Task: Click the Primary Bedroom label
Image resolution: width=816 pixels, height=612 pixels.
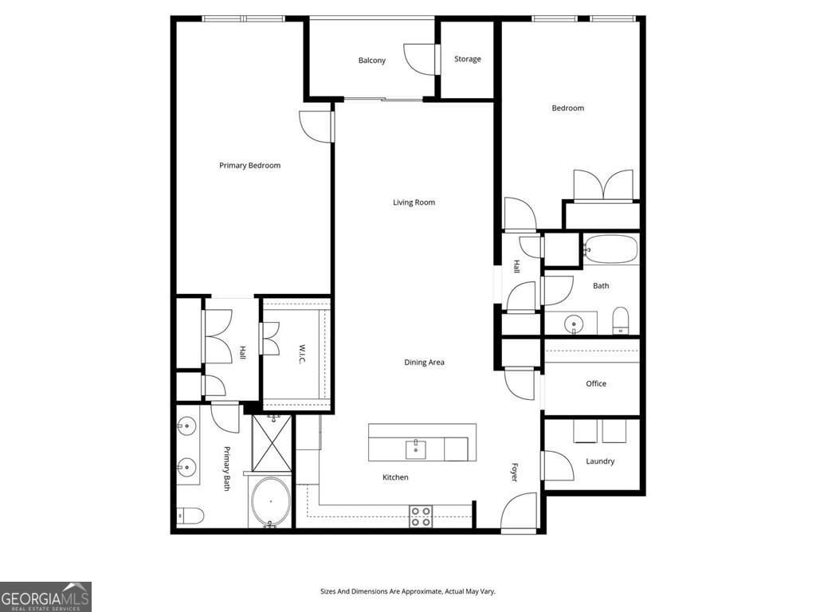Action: pos(249,166)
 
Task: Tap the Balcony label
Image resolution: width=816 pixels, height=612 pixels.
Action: pos(371,61)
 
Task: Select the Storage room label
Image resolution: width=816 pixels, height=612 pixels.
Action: pos(467,59)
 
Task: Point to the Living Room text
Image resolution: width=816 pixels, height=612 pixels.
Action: pos(414,202)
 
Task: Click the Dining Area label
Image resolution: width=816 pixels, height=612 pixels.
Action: pos(424,363)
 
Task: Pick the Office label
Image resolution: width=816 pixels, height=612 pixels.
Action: pos(596,383)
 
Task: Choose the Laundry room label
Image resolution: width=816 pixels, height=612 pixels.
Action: pos(600,461)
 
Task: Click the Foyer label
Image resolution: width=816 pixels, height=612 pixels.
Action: pos(514,472)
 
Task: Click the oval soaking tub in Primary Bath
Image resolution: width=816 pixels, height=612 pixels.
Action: pos(271,502)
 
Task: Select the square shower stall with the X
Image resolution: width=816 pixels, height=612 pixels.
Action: pos(273,443)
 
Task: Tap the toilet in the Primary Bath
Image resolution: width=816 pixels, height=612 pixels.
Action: pos(190,516)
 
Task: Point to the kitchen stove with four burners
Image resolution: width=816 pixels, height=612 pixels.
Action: pos(421,516)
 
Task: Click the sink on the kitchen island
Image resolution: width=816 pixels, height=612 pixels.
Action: pos(416,450)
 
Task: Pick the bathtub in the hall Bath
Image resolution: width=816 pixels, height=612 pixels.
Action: pos(610,249)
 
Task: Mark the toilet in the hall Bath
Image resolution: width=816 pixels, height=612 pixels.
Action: pos(621,321)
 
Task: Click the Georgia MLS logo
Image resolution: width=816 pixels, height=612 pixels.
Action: pos(45,596)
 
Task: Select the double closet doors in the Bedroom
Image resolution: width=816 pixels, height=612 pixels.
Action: pos(604,185)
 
